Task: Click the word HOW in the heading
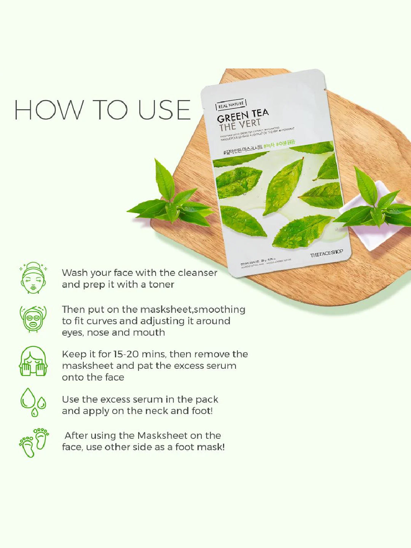(x=49, y=110)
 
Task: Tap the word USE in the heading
(x=164, y=110)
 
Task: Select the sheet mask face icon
(x=33, y=319)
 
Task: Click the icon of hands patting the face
(x=33, y=362)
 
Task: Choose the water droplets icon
(x=33, y=402)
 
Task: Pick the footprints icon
(x=34, y=443)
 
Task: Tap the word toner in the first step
(x=161, y=285)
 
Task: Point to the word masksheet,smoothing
(x=193, y=310)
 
